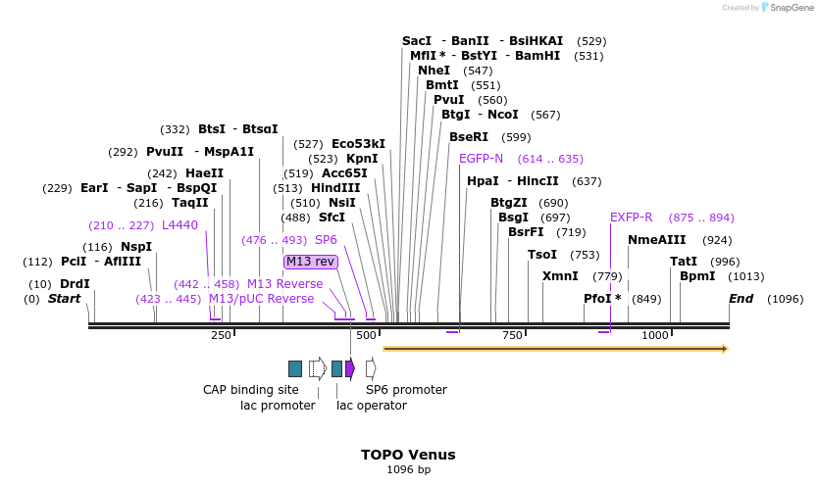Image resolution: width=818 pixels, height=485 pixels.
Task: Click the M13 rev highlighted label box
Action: tap(310, 262)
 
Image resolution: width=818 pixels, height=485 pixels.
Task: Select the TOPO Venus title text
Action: tap(408, 455)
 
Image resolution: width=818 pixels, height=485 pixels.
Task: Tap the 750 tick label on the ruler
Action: tap(512, 336)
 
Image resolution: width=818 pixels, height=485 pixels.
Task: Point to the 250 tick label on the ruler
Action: tap(221, 336)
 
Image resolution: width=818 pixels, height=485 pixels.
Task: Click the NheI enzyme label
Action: tap(434, 71)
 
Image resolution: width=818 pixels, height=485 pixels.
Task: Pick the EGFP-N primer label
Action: tap(481, 159)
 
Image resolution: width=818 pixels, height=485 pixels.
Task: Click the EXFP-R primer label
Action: tap(631, 218)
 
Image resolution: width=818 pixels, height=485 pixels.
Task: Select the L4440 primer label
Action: tap(179, 225)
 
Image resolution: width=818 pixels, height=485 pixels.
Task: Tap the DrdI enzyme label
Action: tap(75, 284)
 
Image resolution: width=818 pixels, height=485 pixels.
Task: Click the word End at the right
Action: tap(741, 299)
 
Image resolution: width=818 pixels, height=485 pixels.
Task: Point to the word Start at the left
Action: tap(65, 299)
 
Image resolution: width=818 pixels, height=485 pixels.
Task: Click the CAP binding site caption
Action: tap(250, 390)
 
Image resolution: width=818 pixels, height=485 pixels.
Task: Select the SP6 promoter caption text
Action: tap(406, 390)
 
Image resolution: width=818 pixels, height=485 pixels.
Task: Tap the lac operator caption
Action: tap(372, 406)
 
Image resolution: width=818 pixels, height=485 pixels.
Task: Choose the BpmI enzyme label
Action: tap(697, 276)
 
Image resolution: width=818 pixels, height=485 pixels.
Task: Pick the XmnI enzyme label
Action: tap(560, 276)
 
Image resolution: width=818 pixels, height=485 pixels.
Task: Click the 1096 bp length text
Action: tap(408, 470)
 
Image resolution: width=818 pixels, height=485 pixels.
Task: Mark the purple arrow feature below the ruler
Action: tap(350, 368)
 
